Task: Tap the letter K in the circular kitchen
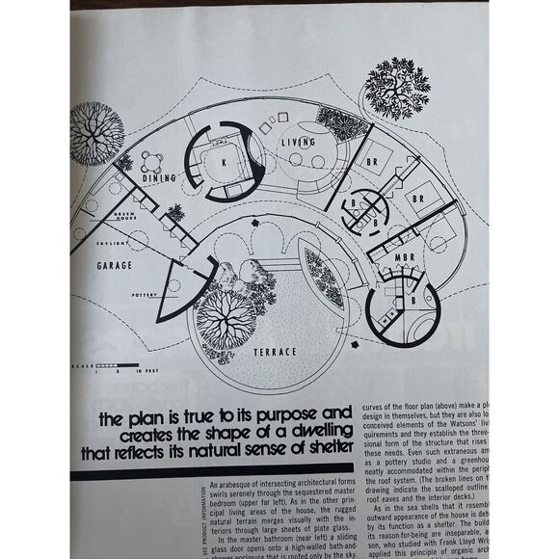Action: point(224,164)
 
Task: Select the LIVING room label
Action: point(299,143)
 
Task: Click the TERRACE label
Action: point(276,353)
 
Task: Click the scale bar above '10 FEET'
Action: point(102,364)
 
